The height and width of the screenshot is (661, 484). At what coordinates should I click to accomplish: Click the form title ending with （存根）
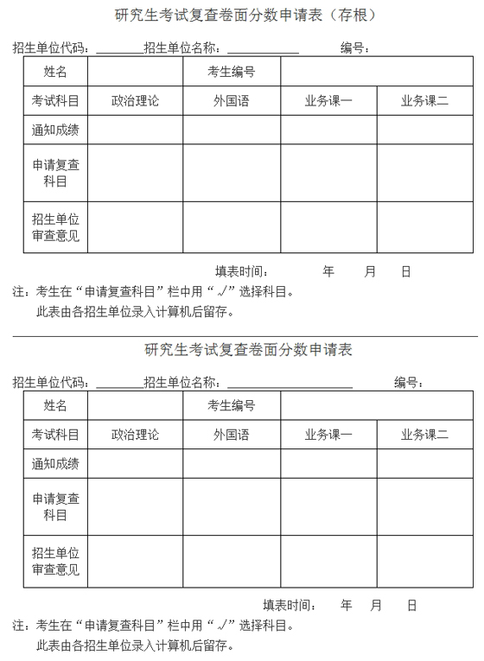(x=245, y=15)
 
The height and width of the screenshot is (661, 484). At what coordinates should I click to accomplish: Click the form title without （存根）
(x=248, y=350)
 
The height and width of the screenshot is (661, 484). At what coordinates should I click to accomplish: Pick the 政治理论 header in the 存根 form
(x=135, y=101)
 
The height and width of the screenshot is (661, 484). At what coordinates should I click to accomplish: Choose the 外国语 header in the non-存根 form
(x=231, y=435)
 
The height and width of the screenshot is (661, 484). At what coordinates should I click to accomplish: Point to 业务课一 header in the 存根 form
(x=328, y=101)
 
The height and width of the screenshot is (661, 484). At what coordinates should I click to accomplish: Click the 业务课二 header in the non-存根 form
(x=424, y=435)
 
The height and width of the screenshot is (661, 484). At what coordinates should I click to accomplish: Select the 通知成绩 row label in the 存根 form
(x=55, y=130)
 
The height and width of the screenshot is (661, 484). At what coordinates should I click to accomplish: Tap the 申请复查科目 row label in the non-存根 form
(x=55, y=506)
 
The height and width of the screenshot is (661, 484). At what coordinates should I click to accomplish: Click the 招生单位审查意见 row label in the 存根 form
(x=55, y=227)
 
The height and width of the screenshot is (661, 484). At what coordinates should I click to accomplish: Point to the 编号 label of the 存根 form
(x=355, y=48)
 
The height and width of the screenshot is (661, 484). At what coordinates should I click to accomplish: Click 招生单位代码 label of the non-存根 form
(x=50, y=382)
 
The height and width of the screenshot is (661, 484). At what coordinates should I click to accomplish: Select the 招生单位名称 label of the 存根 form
(x=183, y=48)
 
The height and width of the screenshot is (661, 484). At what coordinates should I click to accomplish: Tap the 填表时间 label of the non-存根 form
(x=290, y=605)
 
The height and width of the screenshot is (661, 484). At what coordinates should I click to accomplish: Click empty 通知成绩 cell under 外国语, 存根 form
(x=231, y=130)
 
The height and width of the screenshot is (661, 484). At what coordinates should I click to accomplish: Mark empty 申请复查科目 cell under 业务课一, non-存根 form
(x=328, y=506)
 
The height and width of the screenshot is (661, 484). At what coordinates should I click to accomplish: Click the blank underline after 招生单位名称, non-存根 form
(x=289, y=385)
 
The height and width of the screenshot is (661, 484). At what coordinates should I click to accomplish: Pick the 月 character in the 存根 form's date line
(x=370, y=271)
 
